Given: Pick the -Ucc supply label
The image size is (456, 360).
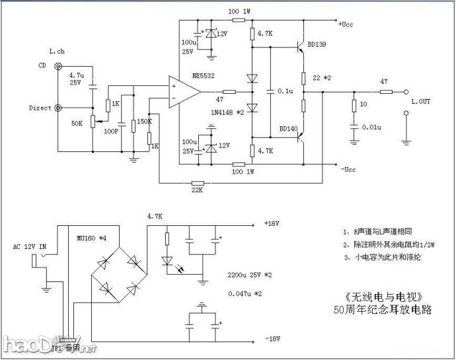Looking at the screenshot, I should pos(348,171).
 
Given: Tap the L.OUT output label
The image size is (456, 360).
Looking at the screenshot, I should pos(420,101).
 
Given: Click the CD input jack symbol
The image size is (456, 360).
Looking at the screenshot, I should pos(59,66).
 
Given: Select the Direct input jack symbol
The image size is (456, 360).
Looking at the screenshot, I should pos(59,107).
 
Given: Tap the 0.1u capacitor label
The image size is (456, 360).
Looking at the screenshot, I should pos(285,91).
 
